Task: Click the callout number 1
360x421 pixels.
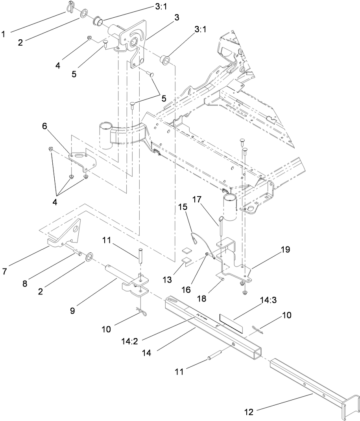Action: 4,34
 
